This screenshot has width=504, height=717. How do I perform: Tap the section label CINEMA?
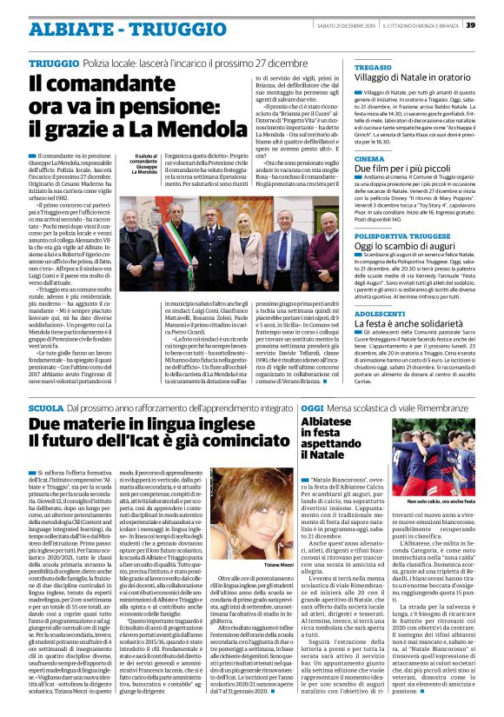(368, 160)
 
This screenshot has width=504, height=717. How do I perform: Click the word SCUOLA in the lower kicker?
(45, 408)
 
